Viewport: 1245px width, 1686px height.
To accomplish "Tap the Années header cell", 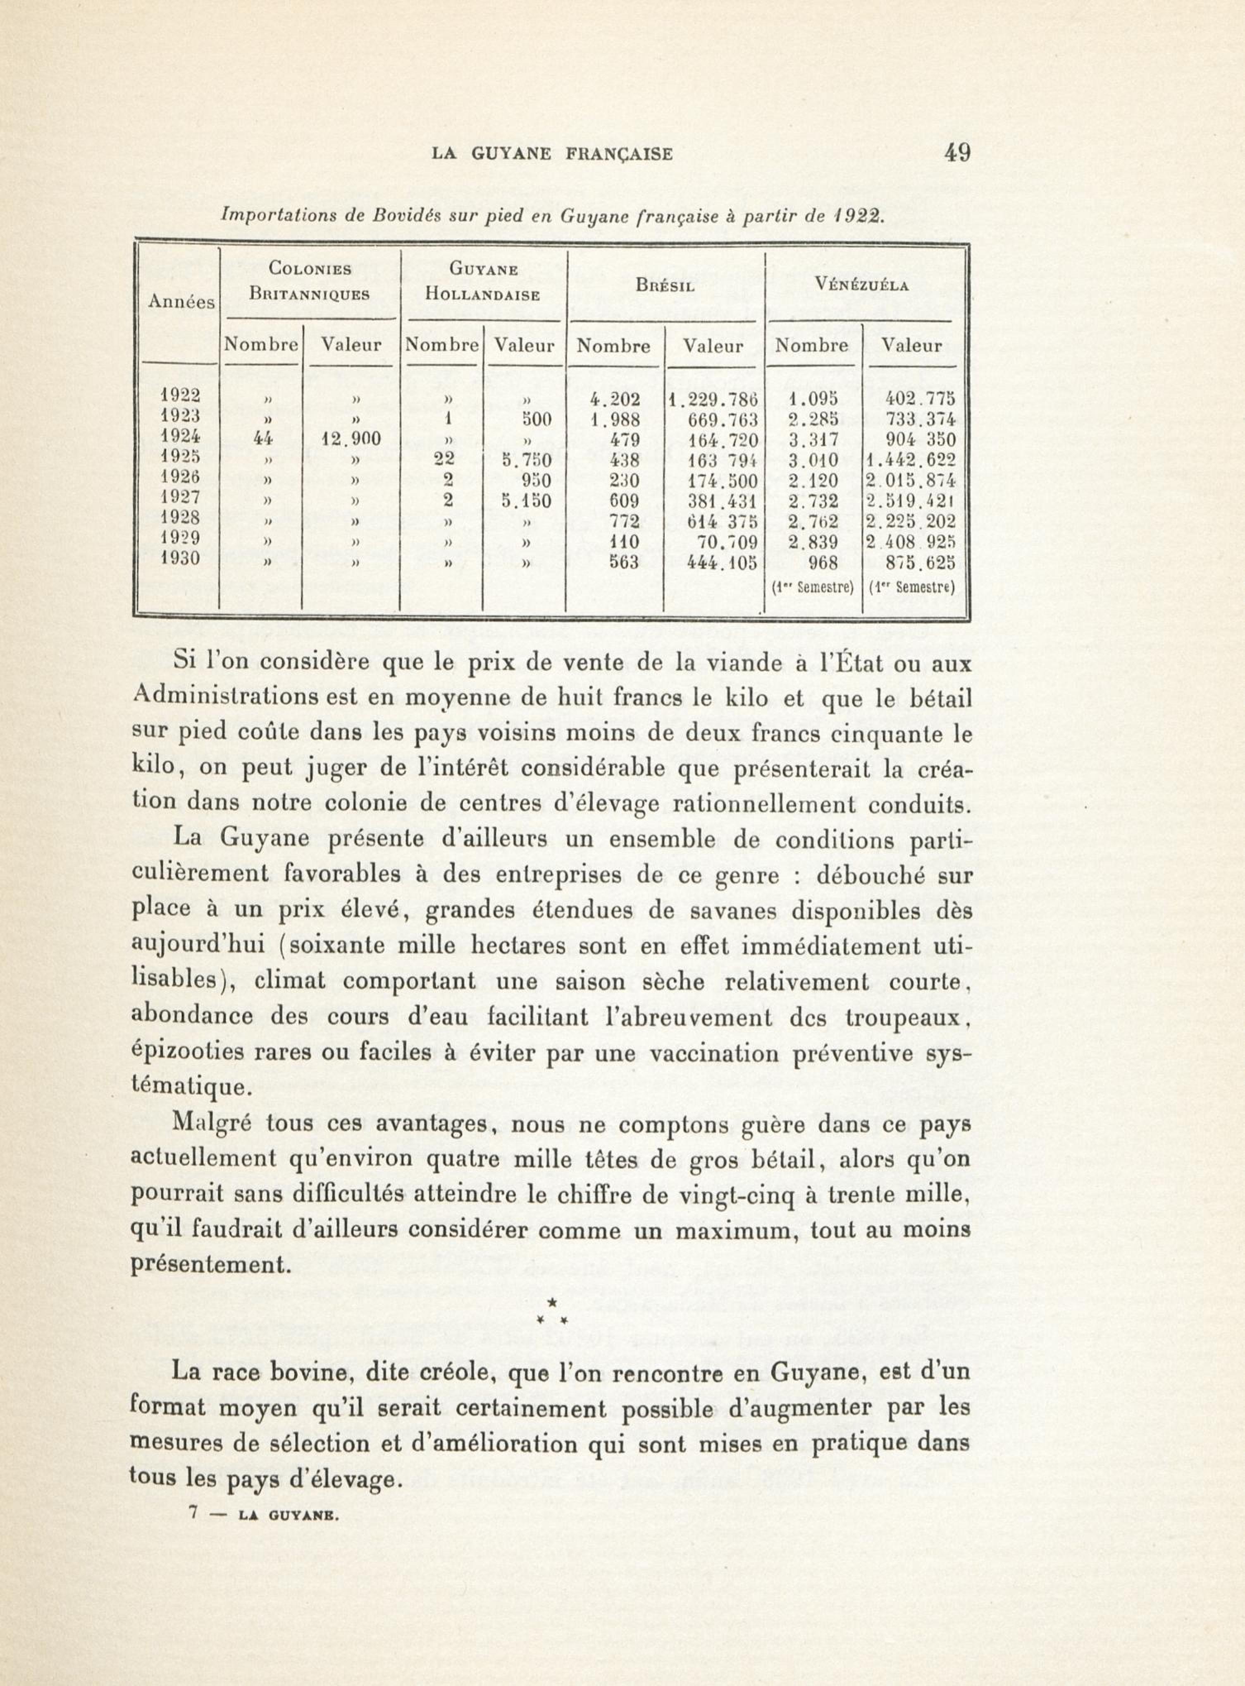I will (181, 302).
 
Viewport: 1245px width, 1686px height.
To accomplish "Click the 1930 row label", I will (180, 559).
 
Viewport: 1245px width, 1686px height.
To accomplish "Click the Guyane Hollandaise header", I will (482, 281).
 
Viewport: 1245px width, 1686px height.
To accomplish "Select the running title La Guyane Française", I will (552, 155).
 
